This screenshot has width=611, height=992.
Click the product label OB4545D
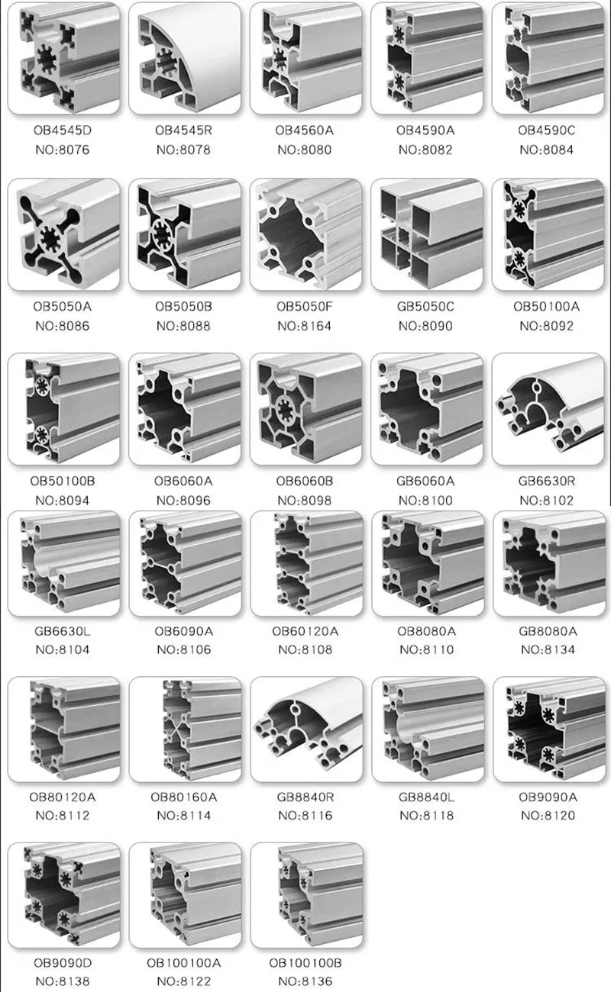63,130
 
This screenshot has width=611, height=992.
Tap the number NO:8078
183,150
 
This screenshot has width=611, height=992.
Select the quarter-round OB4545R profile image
185,59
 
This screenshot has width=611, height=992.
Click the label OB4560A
305,130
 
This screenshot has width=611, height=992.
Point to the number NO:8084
547,150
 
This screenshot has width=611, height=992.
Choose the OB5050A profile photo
64,235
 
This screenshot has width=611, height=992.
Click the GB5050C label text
425,307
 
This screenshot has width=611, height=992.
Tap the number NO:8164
305,326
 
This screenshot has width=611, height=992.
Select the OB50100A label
547,307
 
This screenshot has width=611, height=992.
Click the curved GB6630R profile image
548,409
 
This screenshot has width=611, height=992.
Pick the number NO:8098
305,501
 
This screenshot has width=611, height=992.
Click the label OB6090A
184,631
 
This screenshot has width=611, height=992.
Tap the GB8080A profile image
549,563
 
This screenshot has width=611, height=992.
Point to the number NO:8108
305,649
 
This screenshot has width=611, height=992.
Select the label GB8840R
305,797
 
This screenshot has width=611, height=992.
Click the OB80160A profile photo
186,730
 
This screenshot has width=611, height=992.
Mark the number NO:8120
548,815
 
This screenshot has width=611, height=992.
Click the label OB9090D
63,963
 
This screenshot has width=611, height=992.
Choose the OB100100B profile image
307,895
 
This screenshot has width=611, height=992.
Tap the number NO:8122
184,981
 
